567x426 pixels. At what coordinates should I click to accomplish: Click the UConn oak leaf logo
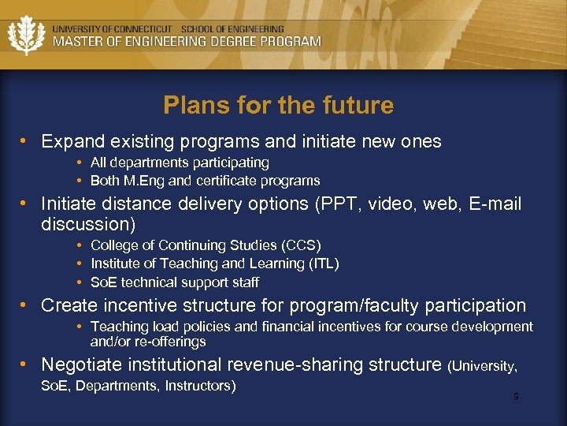tap(27, 35)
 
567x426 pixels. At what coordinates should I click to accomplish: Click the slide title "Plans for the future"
tap(278, 106)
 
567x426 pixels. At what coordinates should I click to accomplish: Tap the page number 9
tap(516, 397)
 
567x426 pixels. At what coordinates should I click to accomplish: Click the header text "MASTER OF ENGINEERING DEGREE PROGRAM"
tap(187, 42)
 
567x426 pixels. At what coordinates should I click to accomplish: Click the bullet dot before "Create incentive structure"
tap(25, 305)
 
